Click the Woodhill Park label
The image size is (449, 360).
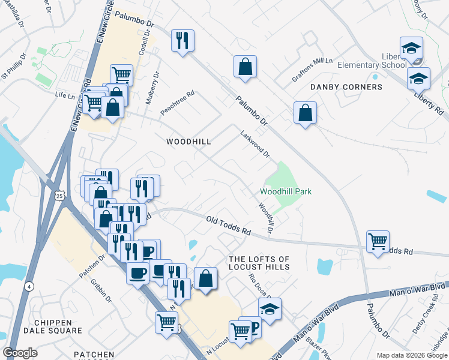tap(285, 192)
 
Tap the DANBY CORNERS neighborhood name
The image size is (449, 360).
tap(346, 87)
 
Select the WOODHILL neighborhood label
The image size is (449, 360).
tap(188, 142)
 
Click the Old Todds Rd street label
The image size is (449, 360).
tap(228, 226)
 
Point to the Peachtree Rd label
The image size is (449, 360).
tap(178, 103)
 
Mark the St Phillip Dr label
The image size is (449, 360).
tap(13, 68)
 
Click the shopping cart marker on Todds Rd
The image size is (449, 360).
tap(378, 241)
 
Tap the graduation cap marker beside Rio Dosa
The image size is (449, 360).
tap(270, 308)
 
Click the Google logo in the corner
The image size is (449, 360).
tap(20, 353)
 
